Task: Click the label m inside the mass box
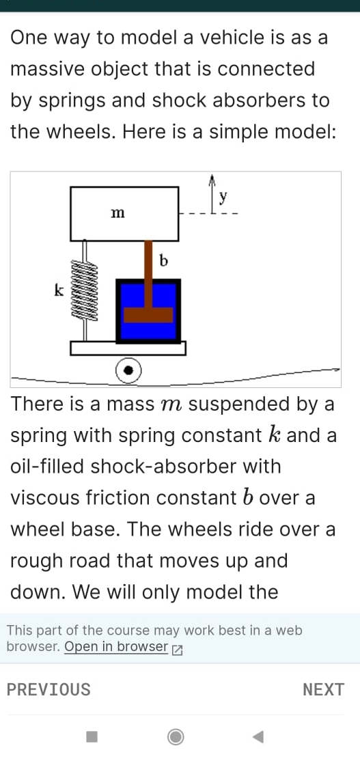click(x=117, y=215)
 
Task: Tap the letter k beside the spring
click(x=59, y=291)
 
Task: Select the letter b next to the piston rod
click(x=163, y=260)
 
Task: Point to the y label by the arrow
click(x=223, y=197)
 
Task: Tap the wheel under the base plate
click(x=128, y=370)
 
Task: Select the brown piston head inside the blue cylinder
click(x=148, y=315)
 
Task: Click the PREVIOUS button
click(x=49, y=690)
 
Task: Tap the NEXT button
click(x=323, y=690)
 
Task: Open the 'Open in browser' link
click(x=116, y=647)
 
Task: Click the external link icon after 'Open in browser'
click(x=177, y=648)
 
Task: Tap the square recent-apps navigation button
click(x=92, y=736)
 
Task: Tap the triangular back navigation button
click(x=258, y=736)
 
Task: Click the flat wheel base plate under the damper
click(x=128, y=348)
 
